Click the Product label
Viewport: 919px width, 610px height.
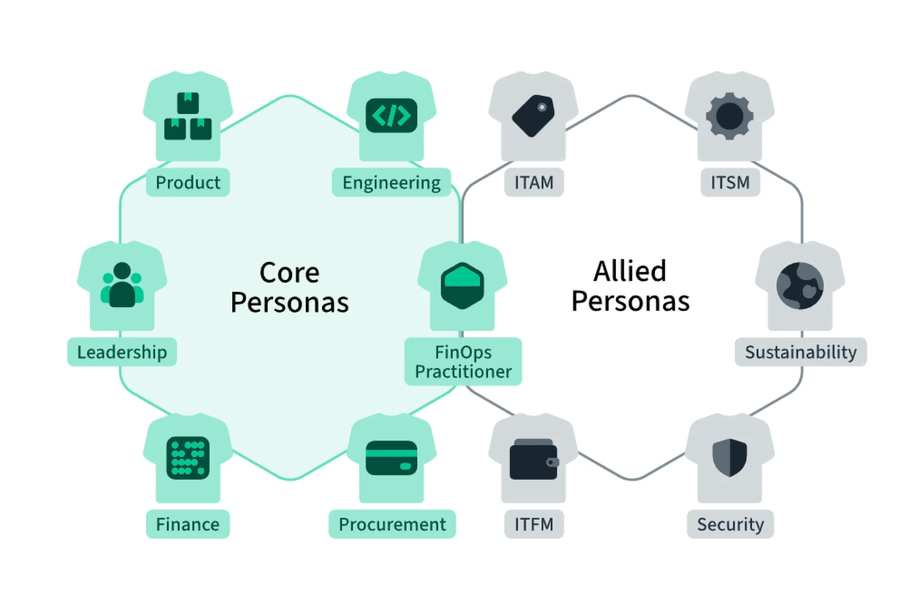[188, 182]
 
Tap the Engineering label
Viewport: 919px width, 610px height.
[391, 182]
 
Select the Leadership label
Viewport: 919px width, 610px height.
[122, 352]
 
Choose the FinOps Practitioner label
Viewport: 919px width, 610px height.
[463, 361]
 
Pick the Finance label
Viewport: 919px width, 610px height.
[188, 524]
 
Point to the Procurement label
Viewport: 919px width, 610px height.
[392, 524]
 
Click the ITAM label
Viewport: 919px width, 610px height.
[534, 182]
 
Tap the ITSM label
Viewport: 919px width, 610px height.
[730, 182]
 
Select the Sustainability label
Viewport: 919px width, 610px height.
[801, 352]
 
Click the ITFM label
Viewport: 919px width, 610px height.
[534, 524]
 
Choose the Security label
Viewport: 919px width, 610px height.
[730, 524]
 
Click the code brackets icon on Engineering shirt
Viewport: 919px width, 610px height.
[392, 115]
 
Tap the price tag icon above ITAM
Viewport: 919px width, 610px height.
[533, 115]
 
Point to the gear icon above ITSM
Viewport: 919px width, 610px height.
[729, 116]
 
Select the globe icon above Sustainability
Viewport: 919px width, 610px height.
[800, 285]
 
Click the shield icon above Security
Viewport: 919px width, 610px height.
[729, 457]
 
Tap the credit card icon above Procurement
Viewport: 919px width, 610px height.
[392, 458]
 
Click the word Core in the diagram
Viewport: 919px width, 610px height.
[290, 273]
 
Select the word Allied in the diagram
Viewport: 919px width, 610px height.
[630, 271]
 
